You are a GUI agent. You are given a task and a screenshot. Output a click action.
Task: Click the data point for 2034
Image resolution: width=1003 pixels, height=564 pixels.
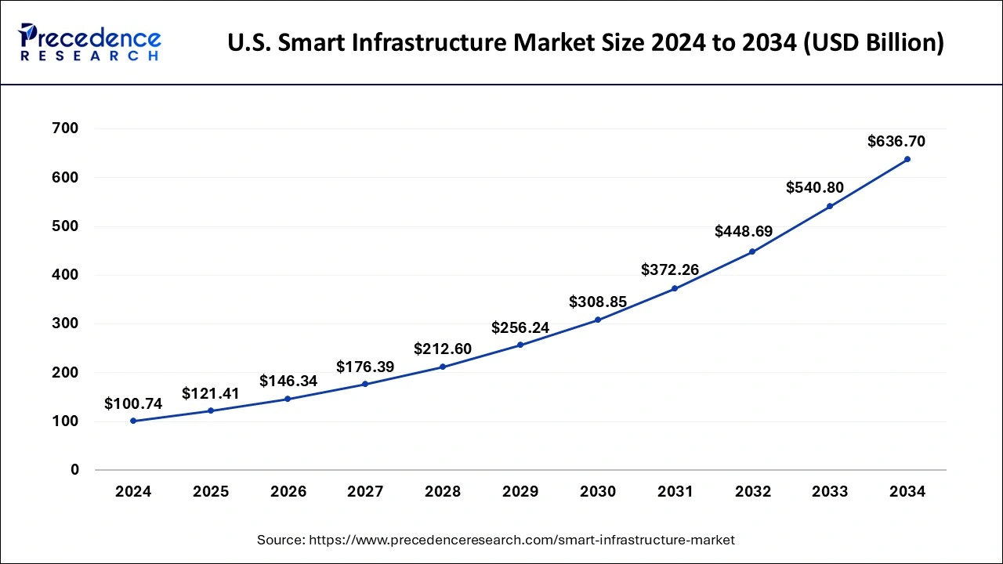907,159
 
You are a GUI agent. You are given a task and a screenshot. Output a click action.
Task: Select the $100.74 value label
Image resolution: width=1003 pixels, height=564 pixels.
133,404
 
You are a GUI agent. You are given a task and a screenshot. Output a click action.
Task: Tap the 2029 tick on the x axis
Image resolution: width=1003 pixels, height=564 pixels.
520,492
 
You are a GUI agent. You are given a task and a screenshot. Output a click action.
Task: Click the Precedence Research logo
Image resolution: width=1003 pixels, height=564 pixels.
90,42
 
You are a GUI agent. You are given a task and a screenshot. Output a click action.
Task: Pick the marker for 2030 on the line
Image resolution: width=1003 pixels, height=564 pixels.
598,320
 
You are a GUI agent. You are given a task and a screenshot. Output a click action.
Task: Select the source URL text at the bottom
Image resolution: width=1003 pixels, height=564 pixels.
495,540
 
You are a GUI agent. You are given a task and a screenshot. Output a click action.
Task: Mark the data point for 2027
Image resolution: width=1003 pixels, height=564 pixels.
365,384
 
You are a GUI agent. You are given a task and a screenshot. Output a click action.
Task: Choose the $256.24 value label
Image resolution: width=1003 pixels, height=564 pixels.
520,327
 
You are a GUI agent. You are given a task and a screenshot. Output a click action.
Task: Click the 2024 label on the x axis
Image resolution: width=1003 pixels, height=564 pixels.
133,492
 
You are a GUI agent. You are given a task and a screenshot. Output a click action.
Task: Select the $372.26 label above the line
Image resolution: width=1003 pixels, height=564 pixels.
670,270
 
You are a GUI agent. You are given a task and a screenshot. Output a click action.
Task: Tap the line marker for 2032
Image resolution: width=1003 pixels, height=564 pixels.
752,251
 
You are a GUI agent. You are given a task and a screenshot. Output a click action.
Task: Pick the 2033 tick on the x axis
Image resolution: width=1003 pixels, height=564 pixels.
830,492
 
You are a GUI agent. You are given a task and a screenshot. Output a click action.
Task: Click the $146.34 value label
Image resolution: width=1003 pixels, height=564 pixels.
288,381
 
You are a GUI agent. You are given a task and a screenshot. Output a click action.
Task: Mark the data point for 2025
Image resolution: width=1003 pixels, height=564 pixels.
211,410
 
